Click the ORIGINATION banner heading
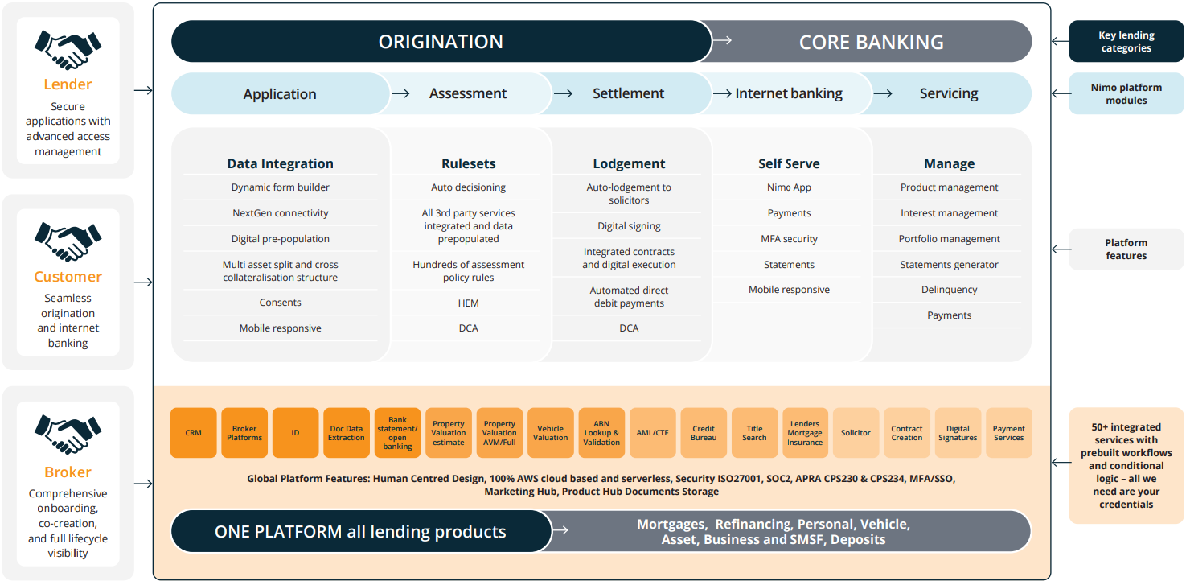coord(441,42)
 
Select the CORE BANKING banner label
coord(871,42)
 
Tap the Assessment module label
coord(467,93)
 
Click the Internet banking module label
coord(788,93)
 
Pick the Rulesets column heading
coord(468,163)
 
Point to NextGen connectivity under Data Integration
coord(280,213)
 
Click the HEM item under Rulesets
coord(468,303)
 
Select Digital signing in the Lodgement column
coord(629,226)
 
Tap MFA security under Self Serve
coord(789,239)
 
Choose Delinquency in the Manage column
coord(949,290)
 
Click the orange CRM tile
coord(193,433)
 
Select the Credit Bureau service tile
coord(703,433)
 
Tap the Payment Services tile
coord(1008,433)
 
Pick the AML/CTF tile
coord(652,433)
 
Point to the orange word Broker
coord(68,472)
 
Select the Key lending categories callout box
coord(1126,42)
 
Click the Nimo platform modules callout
coord(1126,93)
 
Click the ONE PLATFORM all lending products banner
coord(360,532)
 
